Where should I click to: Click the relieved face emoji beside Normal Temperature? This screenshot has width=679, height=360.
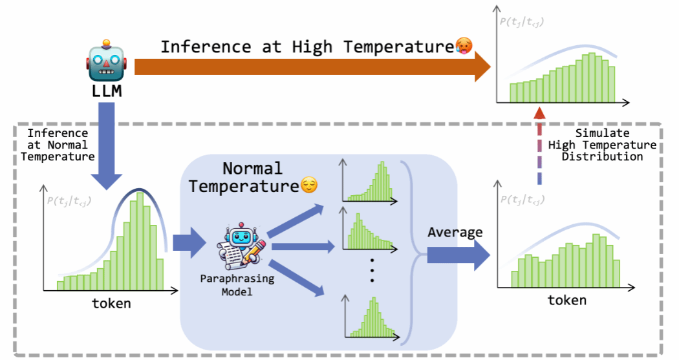click(309, 187)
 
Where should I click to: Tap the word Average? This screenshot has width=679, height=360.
click(455, 232)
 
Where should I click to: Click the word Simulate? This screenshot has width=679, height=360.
click(602, 133)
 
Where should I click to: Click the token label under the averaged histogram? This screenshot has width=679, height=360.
click(567, 300)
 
